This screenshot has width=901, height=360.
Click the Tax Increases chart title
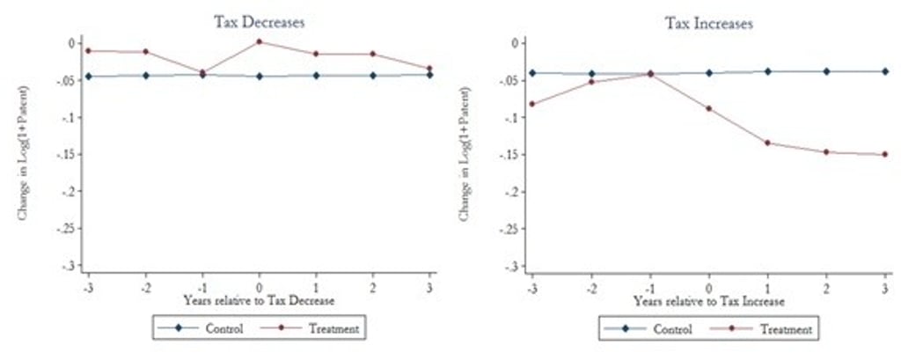pyautogui.click(x=708, y=24)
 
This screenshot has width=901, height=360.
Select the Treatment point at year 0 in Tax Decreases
pyautogui.click(x=260, y=41)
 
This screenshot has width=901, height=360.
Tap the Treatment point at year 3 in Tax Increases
pyautogui.click(x=884, y=154)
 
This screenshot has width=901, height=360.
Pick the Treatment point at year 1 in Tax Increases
pyautogui.click(x=767, y=143)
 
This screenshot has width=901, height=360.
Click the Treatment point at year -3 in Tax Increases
pyautogui.click(x=531, y=104)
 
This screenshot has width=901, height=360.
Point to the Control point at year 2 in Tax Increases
pyautogui.click(x=826, y=71)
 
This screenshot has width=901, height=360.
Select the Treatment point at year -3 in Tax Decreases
pyautogui.click(x=88, y=50)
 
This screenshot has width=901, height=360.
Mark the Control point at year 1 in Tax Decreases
pyautogui.click(x=317, y=76)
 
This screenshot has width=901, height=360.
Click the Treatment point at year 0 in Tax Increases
pyautogui.click(x=708, y=108)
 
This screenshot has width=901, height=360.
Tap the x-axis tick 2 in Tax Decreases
pyautogui.click(x=373, y=288)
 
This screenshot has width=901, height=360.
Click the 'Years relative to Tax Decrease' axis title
pyautogui.click(x=260, y=299)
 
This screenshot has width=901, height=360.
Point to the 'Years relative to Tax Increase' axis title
pyautogui.click(x=708, y=300)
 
